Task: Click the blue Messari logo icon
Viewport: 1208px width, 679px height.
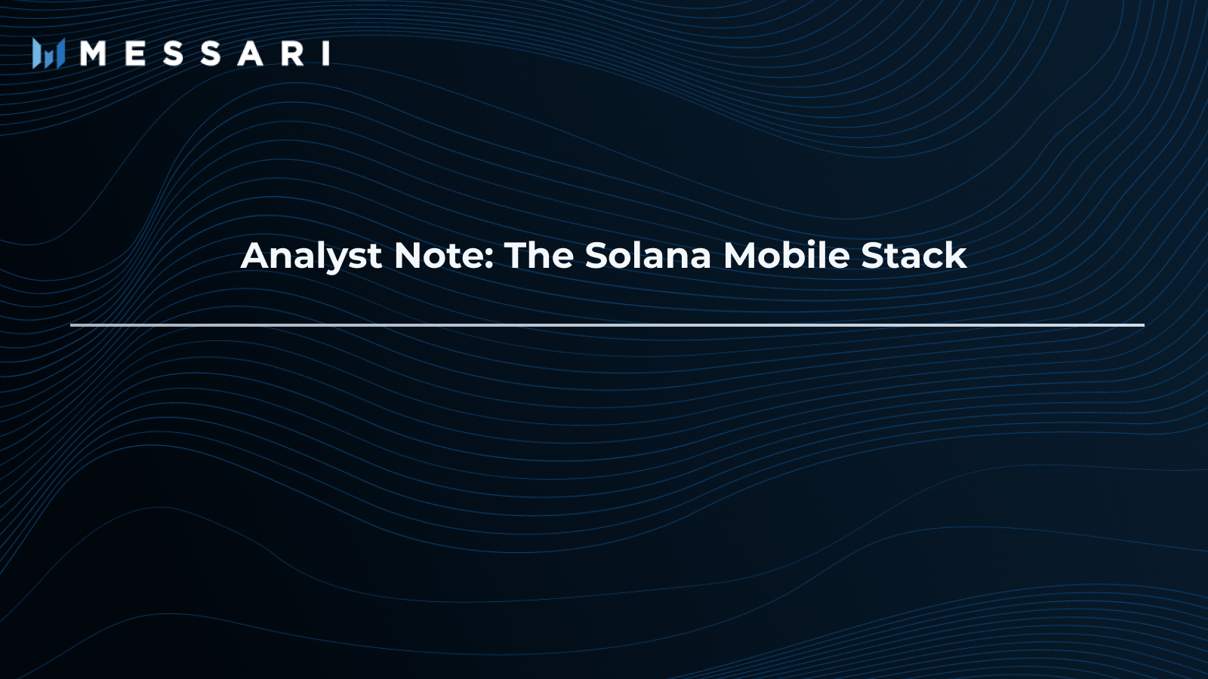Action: pos(48,54)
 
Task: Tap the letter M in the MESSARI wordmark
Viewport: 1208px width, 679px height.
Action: pos(93,54)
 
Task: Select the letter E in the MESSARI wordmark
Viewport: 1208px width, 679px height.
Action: pos(135,54)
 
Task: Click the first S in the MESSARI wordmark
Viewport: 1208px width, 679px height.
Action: pos(173,54)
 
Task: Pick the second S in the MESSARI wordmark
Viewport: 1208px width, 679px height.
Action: pos(211,54)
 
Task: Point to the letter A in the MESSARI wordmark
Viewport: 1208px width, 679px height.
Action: pos(251,54)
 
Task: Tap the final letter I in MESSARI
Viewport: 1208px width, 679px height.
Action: pos(326,54)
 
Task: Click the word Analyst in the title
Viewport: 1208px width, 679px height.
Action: pos(311,257)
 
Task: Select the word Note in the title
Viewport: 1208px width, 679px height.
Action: pos(439,256)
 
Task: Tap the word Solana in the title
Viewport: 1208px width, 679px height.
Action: pos(648,256)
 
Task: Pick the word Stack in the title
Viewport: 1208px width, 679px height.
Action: pos(914,256)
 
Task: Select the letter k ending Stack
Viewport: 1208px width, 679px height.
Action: pos(957,256)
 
